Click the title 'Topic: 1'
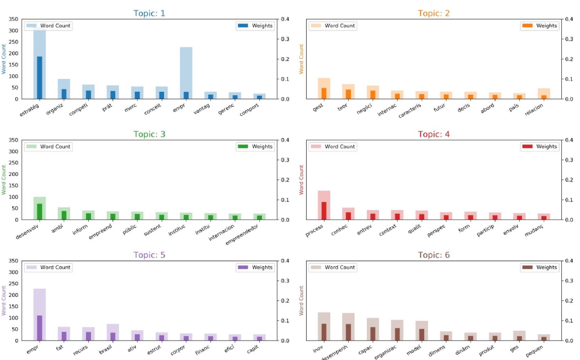pyautogui.click(x=150, y=13)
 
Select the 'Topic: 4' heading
pyautogui.click(x=434, y=134)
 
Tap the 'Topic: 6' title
pyautogui.click(x=434, y=255)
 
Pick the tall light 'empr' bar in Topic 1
pyautogui.click(x=186, y=73)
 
